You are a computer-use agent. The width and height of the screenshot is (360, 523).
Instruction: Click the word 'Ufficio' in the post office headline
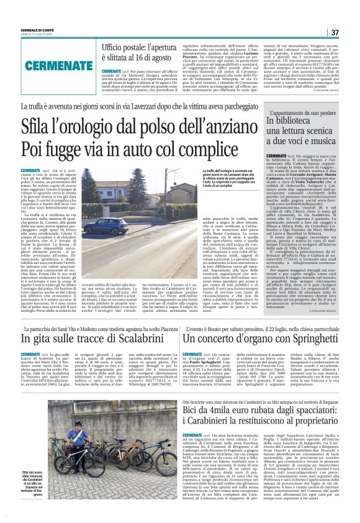[x=116, y=47]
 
